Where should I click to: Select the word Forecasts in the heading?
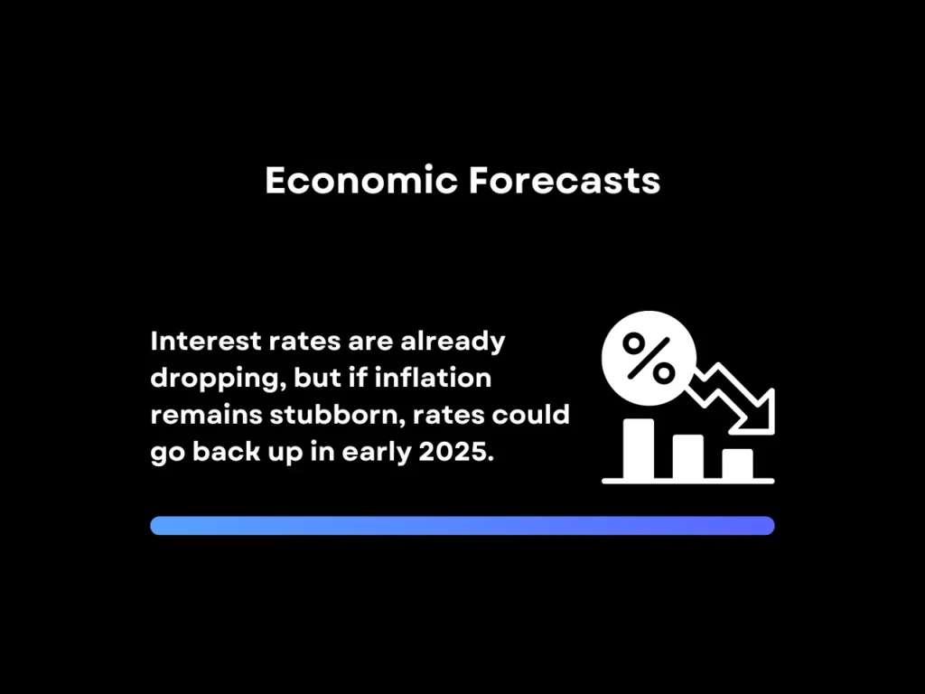pos(565,181)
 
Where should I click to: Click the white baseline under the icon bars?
pos(688,480)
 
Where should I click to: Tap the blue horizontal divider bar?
pos(462,526)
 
